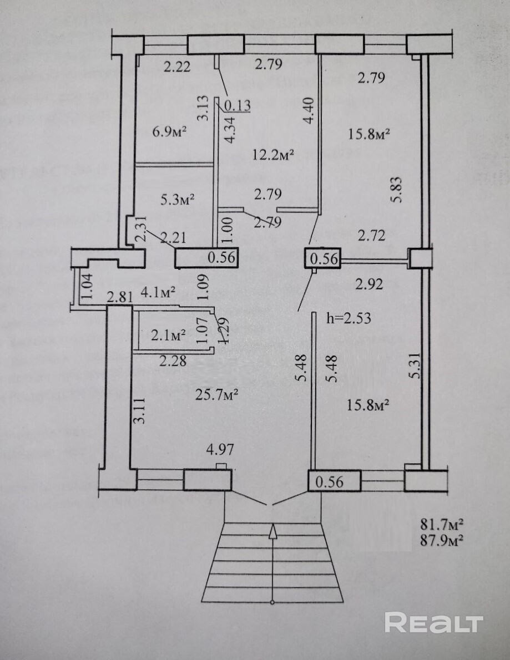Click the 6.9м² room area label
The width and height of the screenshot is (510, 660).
(x=168, y=131)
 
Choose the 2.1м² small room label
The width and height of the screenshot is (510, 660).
(x=168, y=334)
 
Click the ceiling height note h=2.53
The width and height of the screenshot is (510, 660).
(x=349, y=318)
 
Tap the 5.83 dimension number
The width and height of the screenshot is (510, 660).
(x=396, y=190)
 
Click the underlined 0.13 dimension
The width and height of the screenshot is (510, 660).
(x=238, y=104)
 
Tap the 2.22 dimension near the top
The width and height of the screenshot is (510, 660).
(x=177, y=67)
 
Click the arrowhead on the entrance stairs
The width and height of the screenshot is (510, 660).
(x=272, y=531)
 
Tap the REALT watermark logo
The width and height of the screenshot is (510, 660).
(x=434, y=623)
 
